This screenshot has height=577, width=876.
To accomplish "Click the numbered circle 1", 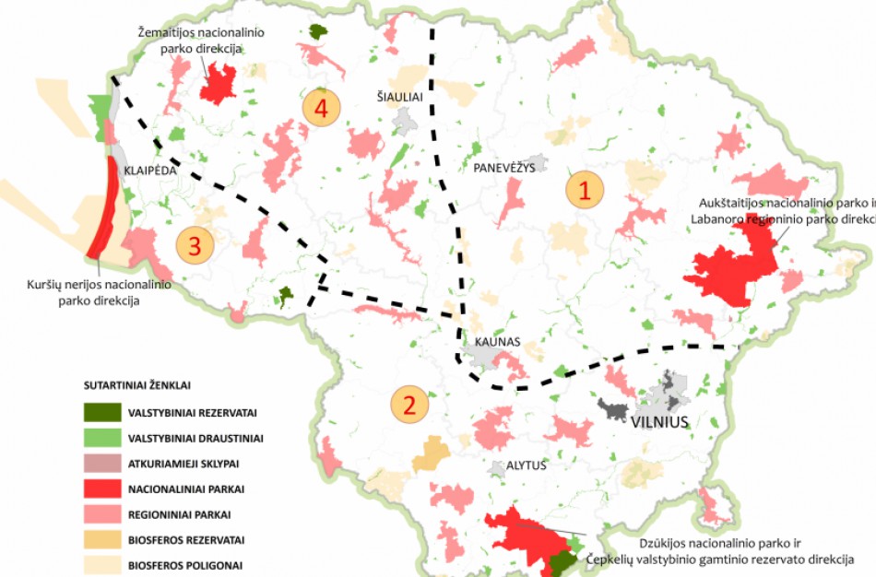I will point(585,190).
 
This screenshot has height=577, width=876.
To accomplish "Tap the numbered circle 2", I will point(409,404).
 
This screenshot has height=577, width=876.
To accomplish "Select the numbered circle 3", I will point(195,246).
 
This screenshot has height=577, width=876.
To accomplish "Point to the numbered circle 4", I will point(320,108).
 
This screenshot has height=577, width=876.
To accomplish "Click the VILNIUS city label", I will point(660,422).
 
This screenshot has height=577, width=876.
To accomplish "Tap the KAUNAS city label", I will point(498,342).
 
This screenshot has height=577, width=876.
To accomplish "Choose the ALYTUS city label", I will point(526,465).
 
